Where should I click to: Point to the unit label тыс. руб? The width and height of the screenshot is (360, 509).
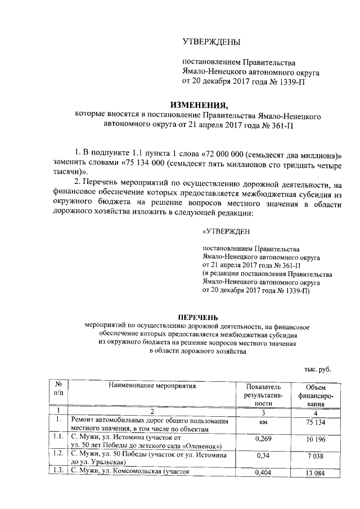[317, 369]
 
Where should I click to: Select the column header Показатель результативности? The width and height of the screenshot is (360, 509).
[263, 395]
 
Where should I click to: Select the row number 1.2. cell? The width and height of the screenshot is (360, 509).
[57, 453]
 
